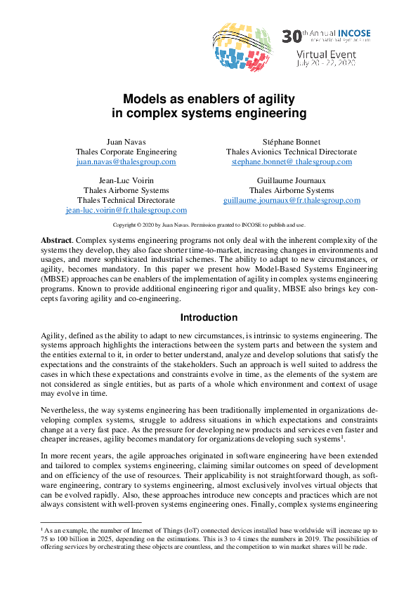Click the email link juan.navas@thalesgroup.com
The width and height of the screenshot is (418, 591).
(126, 161)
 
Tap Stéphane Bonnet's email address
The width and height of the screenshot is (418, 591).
(292, 161)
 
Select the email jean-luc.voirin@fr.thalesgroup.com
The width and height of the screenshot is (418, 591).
(126, 210)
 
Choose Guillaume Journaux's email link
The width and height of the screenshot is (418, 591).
(292, 200)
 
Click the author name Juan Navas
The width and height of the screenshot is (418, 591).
(126, 142)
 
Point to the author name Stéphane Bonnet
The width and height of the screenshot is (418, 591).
(292, 142)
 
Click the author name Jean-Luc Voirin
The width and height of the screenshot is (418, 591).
(126, 180)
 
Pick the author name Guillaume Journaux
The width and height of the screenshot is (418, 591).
(292, 180)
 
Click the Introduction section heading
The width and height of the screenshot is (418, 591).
(209, 317)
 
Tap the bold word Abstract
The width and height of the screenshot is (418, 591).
(56, 239)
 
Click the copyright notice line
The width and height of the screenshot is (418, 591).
(209, 225)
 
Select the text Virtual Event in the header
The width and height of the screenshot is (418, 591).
(326, 54)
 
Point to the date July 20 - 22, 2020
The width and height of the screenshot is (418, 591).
(326, 63)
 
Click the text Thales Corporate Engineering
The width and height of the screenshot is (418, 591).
(126, 152)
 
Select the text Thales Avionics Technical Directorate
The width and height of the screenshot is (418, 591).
(292, 152)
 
